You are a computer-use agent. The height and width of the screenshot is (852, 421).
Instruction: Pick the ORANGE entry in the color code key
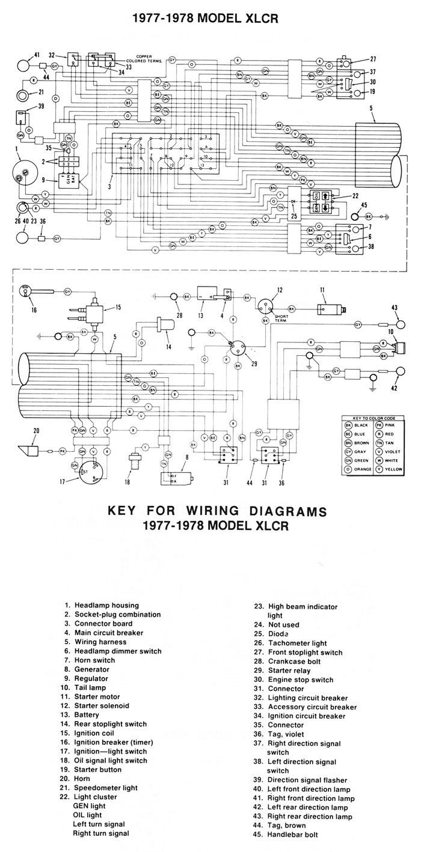(357, 468)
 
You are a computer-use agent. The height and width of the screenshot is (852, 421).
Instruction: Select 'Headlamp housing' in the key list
(106, 605)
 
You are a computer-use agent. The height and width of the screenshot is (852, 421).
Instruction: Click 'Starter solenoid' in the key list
(102, 705)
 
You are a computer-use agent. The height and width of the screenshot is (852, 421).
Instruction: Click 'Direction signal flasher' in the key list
(309, 779)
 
